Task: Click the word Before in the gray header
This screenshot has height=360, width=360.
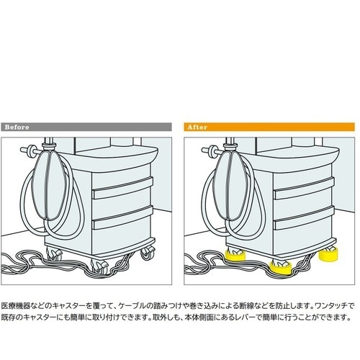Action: pyautogui.click(x=17, y=127)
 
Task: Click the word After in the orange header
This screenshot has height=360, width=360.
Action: pyautogui.click(x=197, y=127)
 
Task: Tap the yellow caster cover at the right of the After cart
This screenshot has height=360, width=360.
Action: pyautogui.click(x=328, y=255)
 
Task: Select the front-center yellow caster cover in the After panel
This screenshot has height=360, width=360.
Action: pyautogui.click(x=281, y=268)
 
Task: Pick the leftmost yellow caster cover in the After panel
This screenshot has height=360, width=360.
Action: pyautogui.click(x=235, y=256)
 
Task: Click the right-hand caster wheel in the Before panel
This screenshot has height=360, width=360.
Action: pyautogui.click(x=147, y=253)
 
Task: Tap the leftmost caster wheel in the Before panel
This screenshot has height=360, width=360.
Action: pyautogui.click(x=54, y=254)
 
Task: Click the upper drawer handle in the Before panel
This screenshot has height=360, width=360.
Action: pyautogui.click(x=122, y=188)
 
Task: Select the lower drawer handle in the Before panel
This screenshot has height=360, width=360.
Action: pyautogui.click(x=122, y=217)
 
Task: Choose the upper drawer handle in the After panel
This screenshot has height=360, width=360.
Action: pyautogui.click(x=304, y=188)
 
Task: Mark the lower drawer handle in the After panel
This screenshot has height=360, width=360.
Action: pyautogui.click(x=304, y=217)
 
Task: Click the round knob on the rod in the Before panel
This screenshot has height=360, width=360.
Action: pyautogui.click(x=31, y=150)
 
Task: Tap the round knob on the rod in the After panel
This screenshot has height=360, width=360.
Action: pyautogui.click(x=212, y=150)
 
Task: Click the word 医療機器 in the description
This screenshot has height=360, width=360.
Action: pyautogui.click(x=16, y=306)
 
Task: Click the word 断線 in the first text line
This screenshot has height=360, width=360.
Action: pyautogui.click(x=246, y=306)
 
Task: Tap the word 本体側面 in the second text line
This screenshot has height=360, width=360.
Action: pyautogui.click(x=199, y=318)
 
